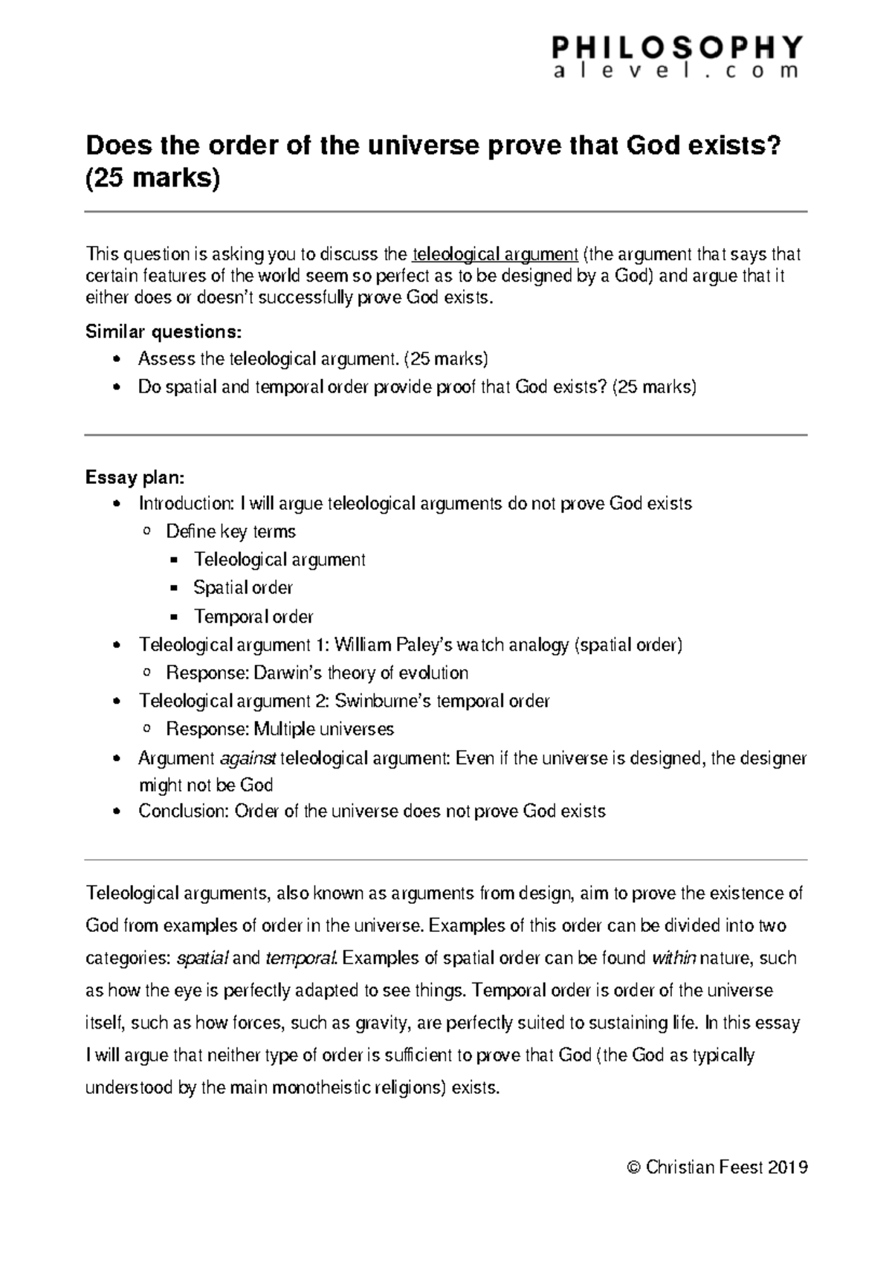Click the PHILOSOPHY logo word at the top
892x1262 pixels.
677,47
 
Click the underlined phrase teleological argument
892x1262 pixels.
495,255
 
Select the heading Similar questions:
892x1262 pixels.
164,331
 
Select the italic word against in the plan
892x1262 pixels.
248,758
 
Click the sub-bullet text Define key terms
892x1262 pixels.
230,531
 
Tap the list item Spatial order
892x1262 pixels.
243,588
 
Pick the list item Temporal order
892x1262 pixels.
253,617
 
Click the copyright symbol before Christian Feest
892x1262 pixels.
633,1168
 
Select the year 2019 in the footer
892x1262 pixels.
787,1168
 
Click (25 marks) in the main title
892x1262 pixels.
153,179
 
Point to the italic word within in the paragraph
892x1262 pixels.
673,959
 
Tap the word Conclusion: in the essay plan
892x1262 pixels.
183,811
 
